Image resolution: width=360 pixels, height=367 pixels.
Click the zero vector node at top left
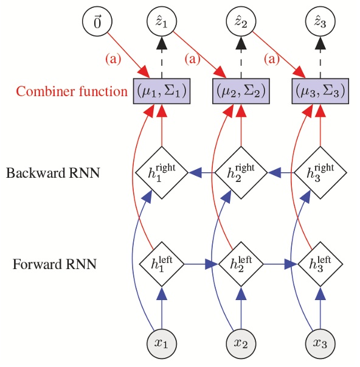tap(97, 23)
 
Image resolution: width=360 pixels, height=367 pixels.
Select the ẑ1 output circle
tap(162, 23)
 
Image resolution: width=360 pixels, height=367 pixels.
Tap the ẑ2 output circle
tap(241, 23)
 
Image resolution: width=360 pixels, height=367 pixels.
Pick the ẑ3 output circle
tap(320, 23)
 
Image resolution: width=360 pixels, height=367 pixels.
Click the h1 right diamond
tap(162, 173)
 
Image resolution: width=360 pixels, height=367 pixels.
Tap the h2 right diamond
tap(241, 173)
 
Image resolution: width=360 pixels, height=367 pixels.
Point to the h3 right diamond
tap(320, 173)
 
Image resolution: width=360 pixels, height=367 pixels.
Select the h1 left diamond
tap(162, 265)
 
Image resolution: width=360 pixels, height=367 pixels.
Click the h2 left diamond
tap(241, 265)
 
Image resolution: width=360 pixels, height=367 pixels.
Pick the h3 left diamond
tap(320, 265)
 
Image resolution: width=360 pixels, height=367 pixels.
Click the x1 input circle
tap(162, 342)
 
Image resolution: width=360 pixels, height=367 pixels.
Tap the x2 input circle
tap(241, 342)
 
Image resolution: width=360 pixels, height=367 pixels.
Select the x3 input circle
tap(320, 342)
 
